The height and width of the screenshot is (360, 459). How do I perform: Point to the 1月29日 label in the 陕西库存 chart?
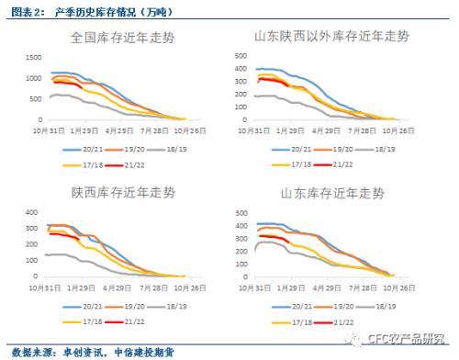tap(84, 286)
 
